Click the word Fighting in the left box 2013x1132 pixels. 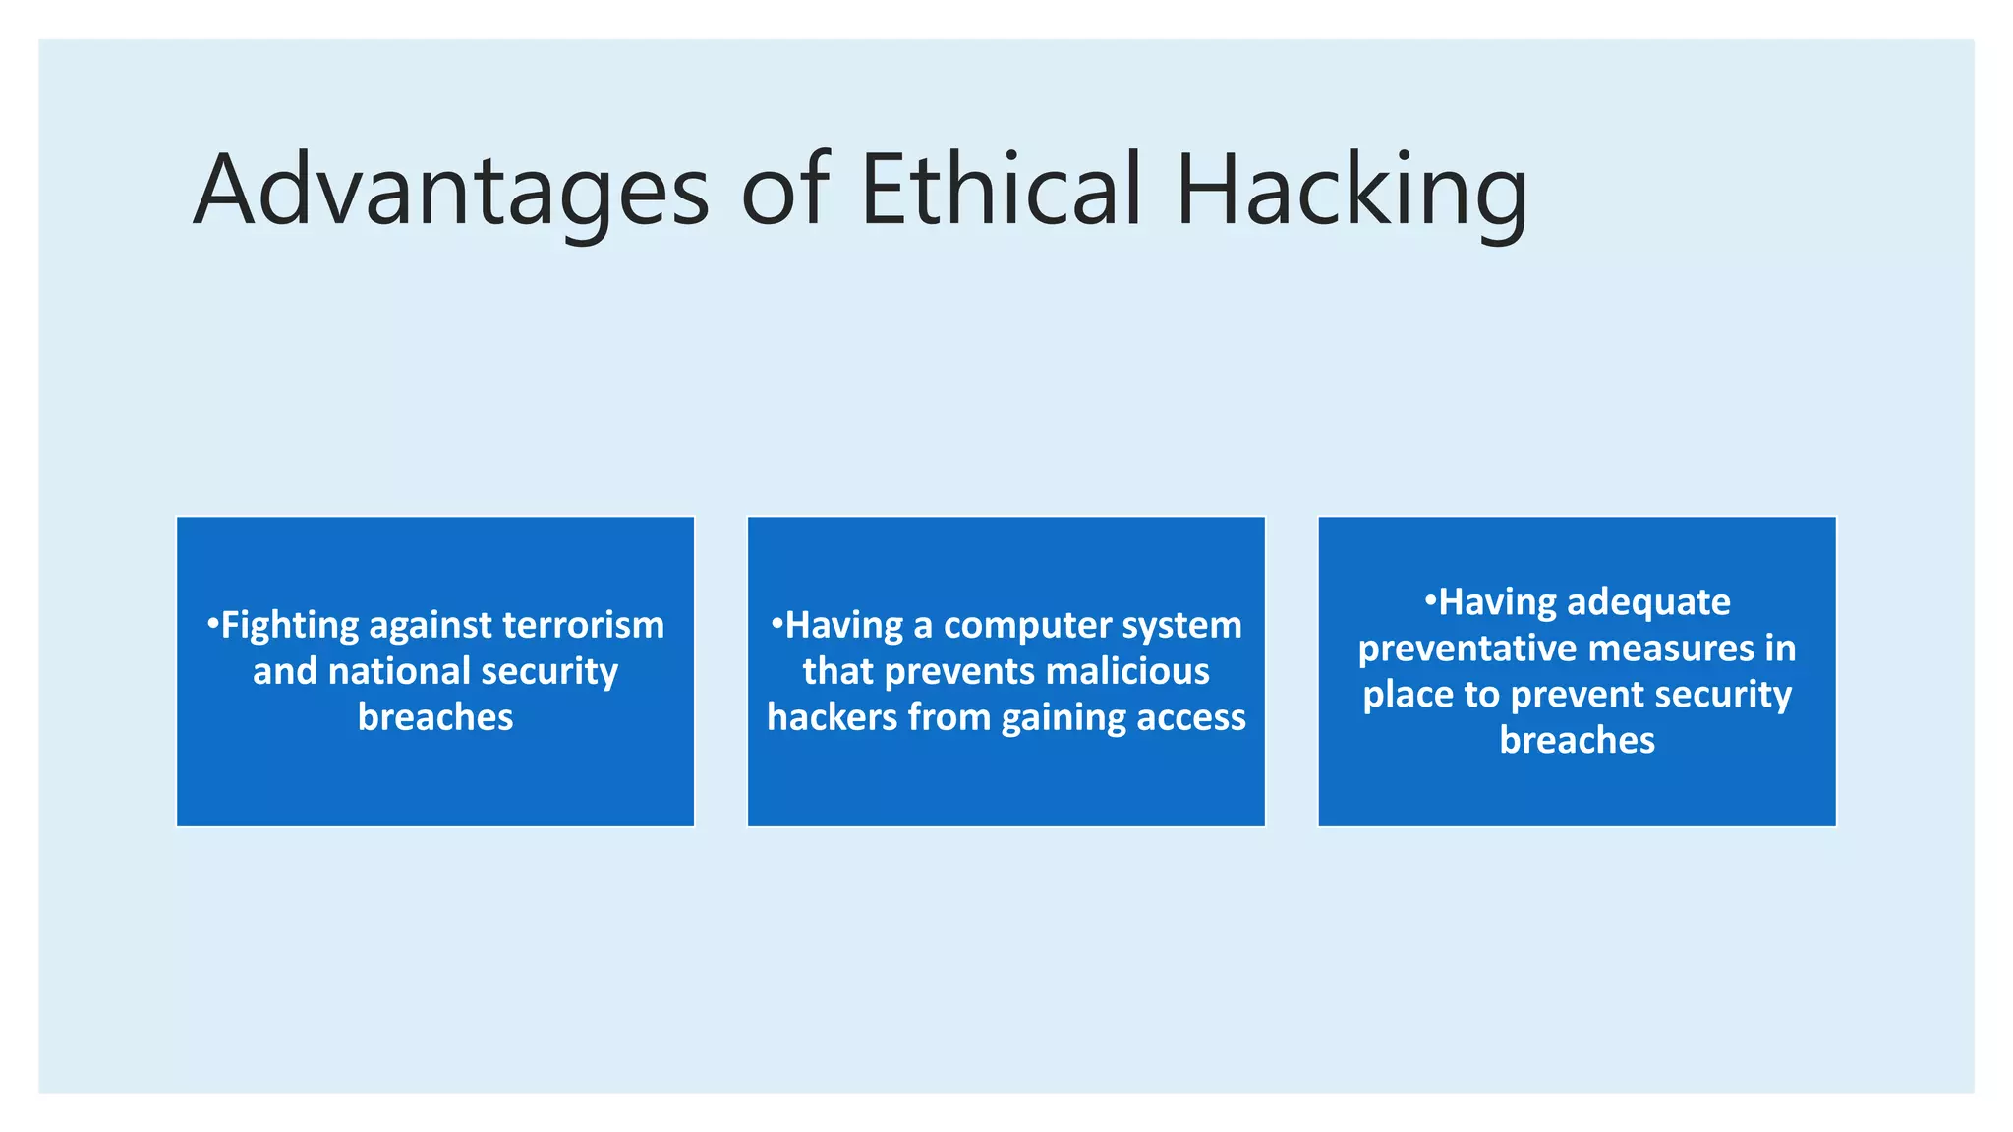pos(290,626)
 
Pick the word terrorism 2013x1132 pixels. pos(583,625)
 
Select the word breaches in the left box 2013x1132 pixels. pos(435,717)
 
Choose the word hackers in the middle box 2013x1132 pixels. pos(832,717)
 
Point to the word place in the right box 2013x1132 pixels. pos(1408,695)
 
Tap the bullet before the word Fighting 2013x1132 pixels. pos(212,623)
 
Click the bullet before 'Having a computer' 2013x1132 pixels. pos(776,623)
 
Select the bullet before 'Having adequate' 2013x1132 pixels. pos(1430,599)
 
